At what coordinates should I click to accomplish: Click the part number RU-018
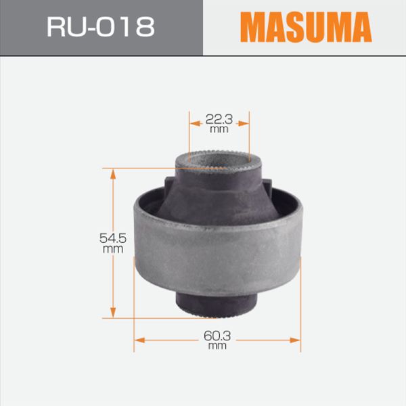pyautogui.click(x=101, y=26)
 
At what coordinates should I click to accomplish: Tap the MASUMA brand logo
pyautogui.click(x=306, y=27)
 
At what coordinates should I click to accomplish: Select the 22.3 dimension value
pyautogui.click(x=219, y=119)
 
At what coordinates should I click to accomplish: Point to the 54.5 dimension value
pyautogui.click(x=113, y=238)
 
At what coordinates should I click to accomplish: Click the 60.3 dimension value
pyautogui.click(x=217, y=336)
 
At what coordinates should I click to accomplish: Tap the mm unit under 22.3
pyautogui.click(x=219, y=129)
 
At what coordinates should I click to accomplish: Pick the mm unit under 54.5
pyautogui.click(x=113, y=249)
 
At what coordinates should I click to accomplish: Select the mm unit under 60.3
pyautogui.click(x=217, y=346)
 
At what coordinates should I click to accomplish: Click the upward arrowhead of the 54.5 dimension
pyautogui.click(x=113, y=175)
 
